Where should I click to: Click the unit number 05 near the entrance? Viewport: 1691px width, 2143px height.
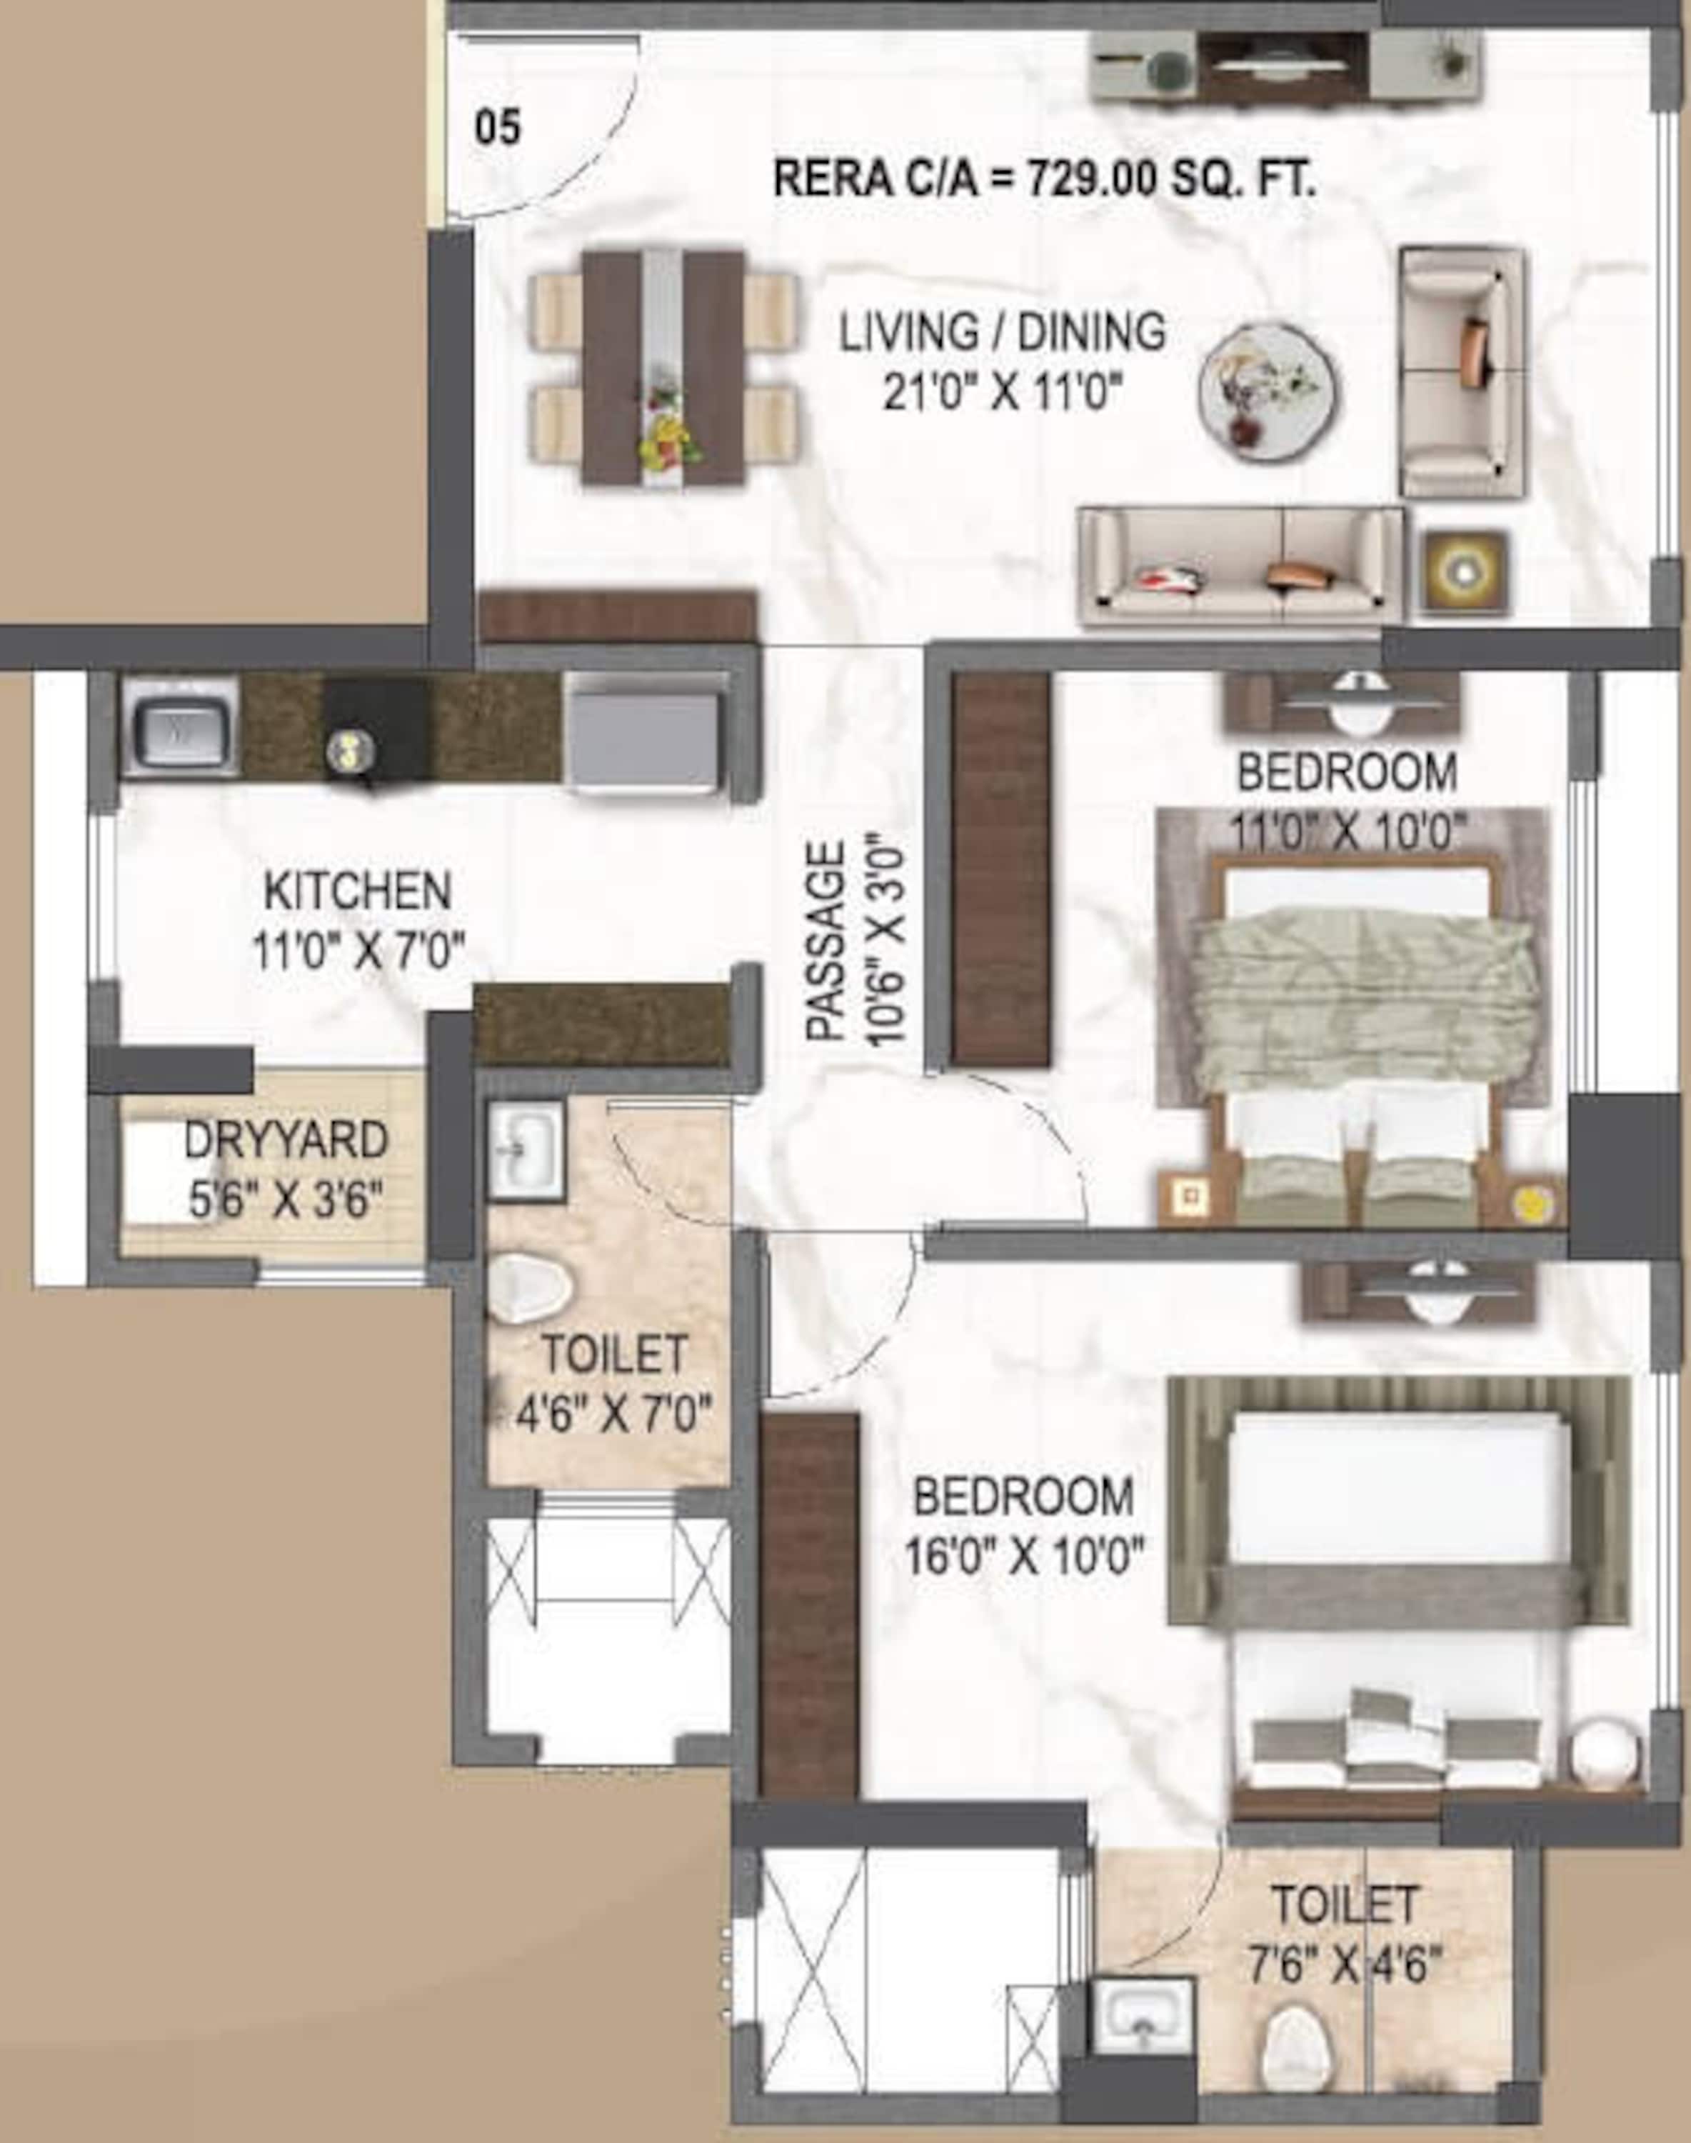(497, 129)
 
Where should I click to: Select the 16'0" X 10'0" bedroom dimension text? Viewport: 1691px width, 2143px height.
(1025, 1557)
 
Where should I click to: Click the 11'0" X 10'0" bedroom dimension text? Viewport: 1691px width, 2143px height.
(1348, 832)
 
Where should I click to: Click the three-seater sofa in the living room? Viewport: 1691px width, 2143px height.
(1240, 567)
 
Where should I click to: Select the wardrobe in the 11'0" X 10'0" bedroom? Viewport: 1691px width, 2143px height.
(1001, 869)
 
